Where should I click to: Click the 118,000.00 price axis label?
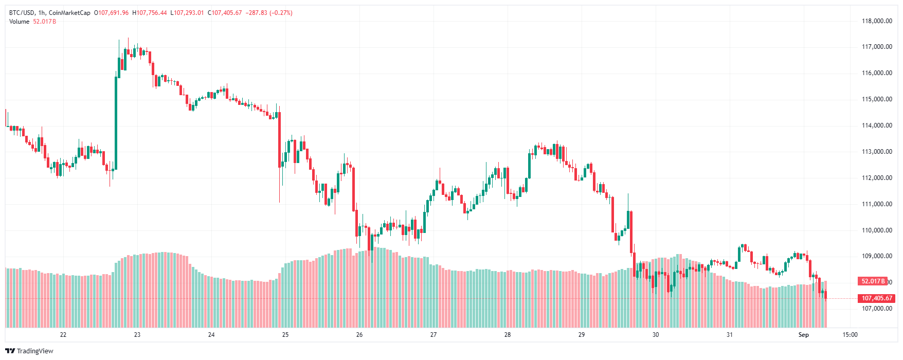[x=877, y=21]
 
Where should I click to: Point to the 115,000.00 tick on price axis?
[x=877, y=99]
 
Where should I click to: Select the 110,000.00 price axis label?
[x=877, y=230]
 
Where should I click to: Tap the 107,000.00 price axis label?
[x=877, y=309]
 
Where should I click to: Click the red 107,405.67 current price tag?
[x=877, y=298]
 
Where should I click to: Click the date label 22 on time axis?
[x=63, y=335]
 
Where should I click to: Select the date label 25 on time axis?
[x=285, y=335]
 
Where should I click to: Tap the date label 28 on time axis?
[x=508, y=335]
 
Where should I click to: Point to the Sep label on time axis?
[x=803, y=335]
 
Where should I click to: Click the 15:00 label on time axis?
[x=850, y=335]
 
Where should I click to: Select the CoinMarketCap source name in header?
[x=69, y=13]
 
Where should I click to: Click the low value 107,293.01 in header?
[x=188, y=13]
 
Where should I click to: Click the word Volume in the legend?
[x=20, y=22]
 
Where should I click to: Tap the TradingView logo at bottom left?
[x=30, y=351]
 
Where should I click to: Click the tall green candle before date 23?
[x=116, y=123]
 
